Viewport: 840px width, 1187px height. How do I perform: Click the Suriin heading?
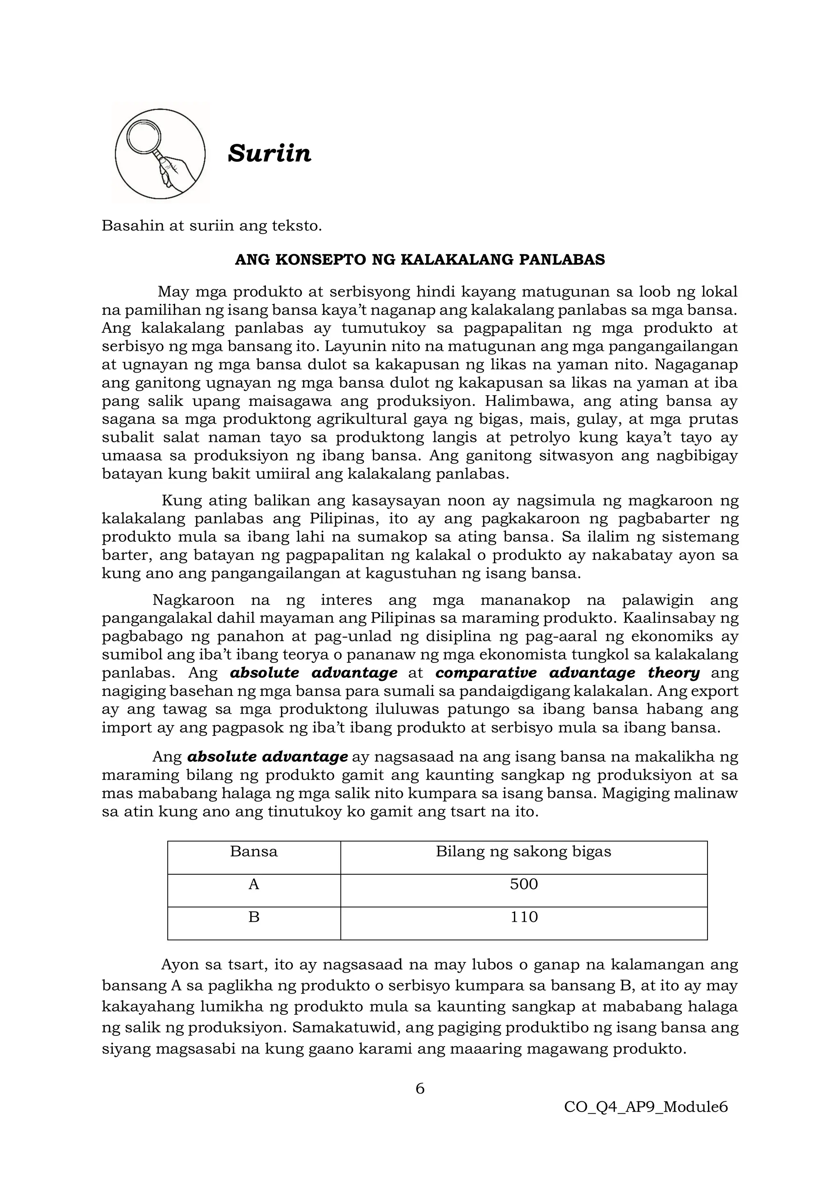click(269, 154)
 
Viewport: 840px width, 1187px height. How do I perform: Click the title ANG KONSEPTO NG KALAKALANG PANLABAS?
click(420, 259)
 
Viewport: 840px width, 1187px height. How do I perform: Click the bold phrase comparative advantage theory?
click(567, 673)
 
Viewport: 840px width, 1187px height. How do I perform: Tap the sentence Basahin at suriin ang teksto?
click(212, 226)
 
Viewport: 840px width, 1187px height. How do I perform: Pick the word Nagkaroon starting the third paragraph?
click(194, 600)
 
